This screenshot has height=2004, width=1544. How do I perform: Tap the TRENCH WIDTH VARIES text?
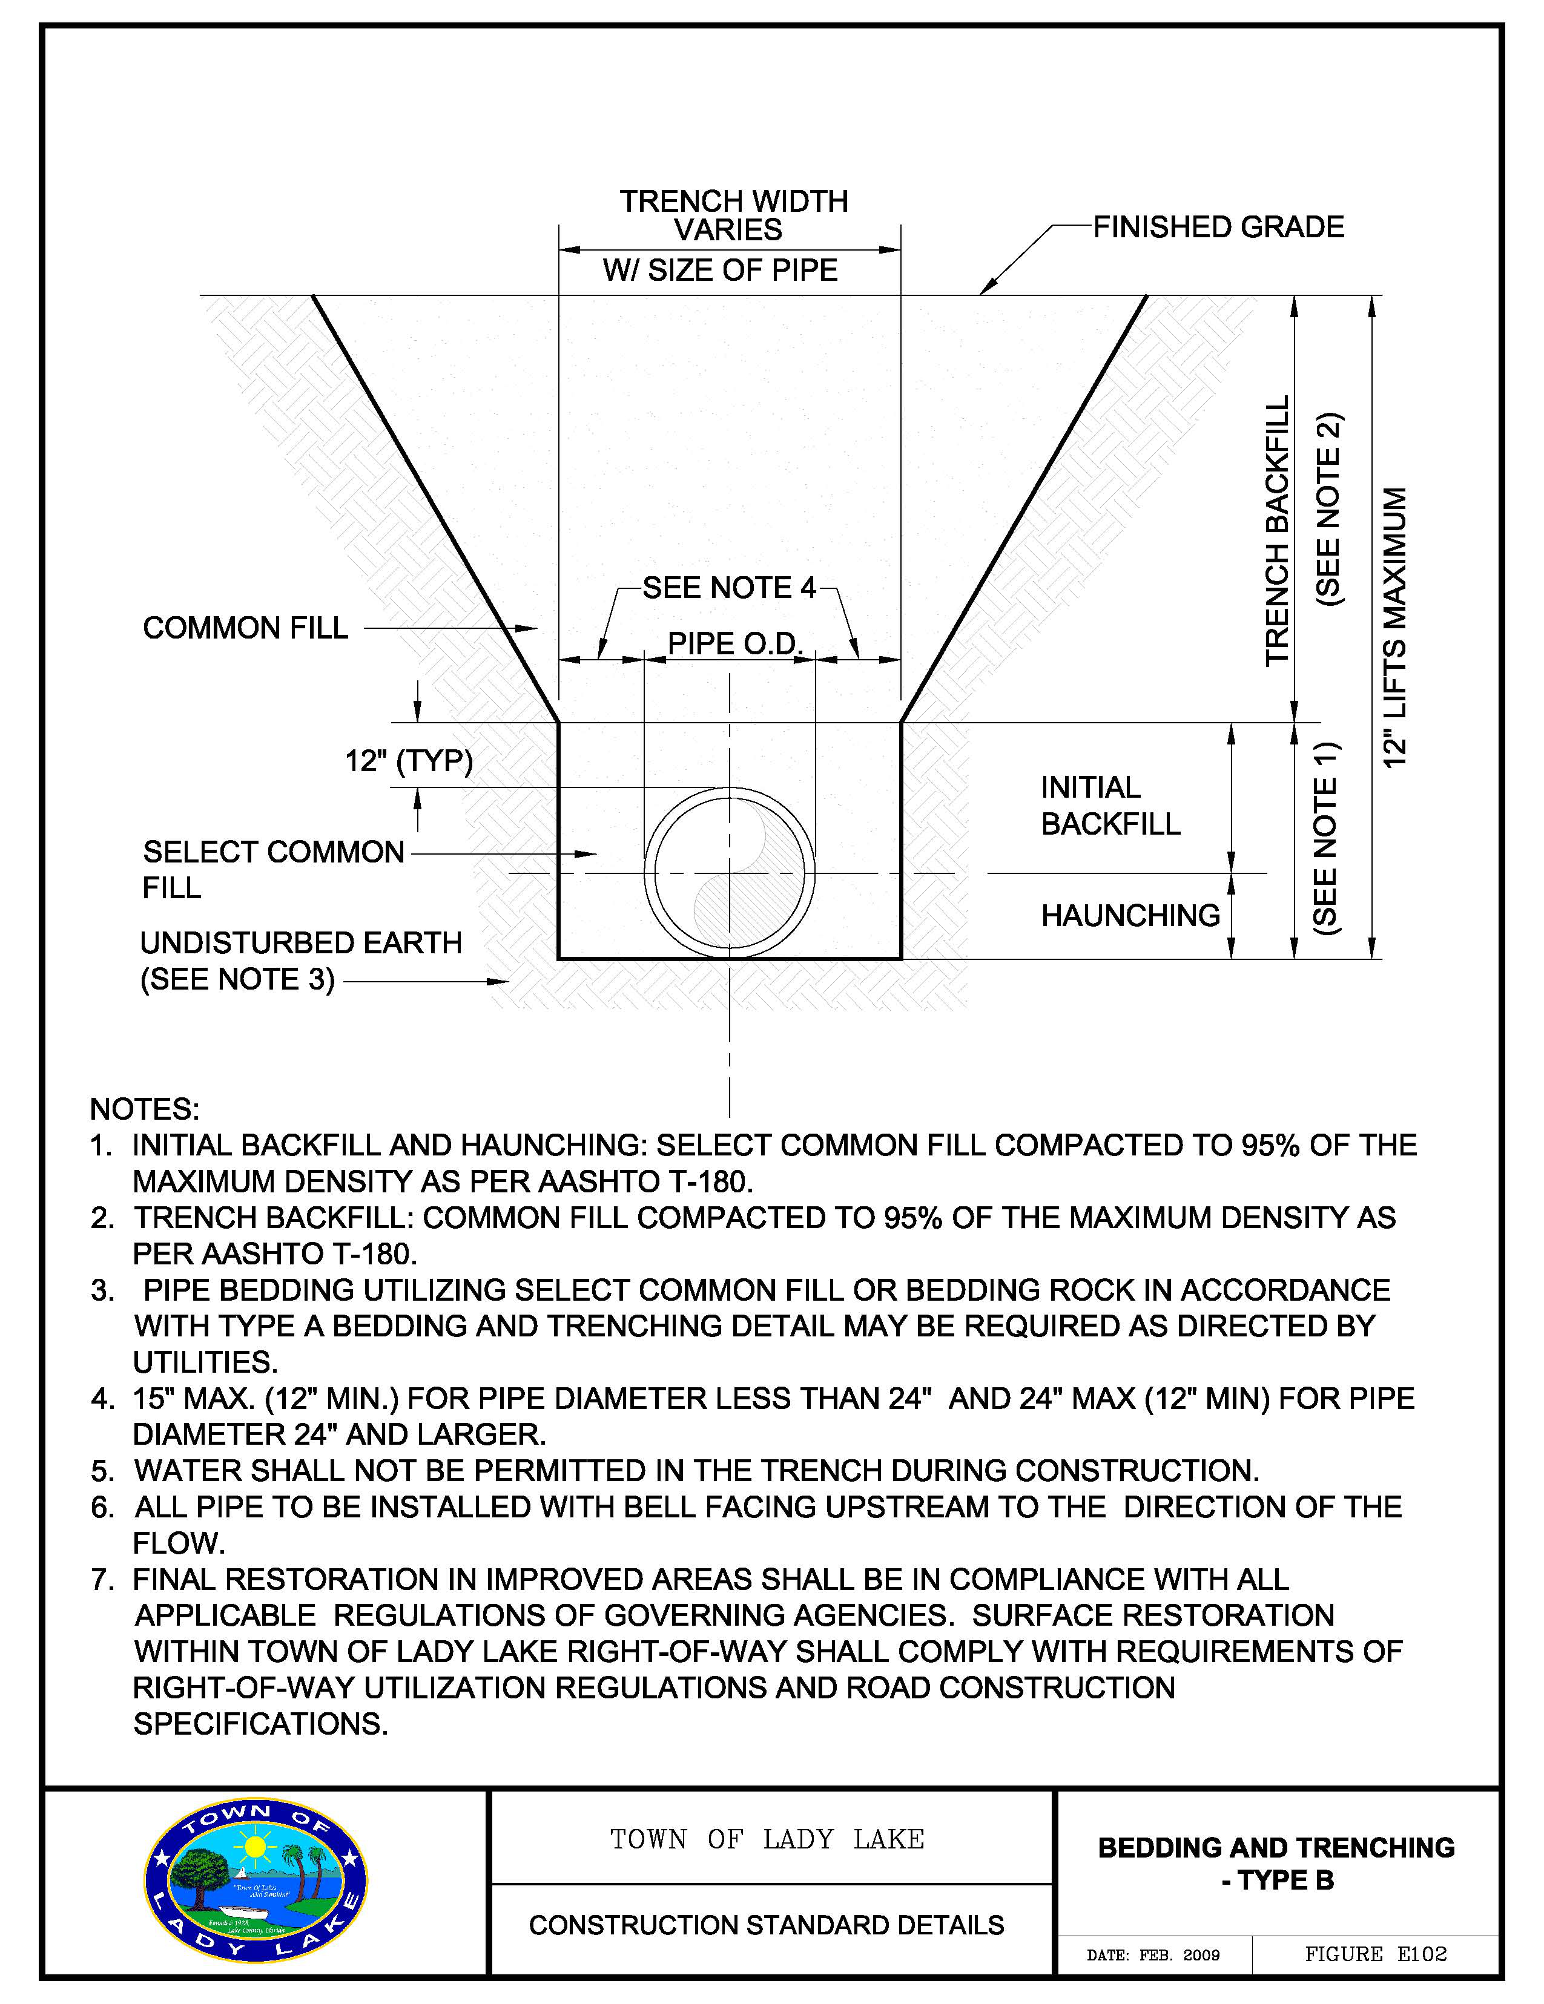pos(733,215)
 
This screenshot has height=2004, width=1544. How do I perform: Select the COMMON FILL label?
pos(245,628)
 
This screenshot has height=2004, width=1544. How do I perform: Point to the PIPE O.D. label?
pos(734,643)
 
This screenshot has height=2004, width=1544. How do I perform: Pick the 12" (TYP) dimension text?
pos(409,761)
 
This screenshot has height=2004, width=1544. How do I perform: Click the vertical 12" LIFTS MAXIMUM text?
pos(1394,628)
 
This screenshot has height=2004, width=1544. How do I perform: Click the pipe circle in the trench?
pos(730,873)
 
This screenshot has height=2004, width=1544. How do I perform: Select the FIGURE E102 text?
pos(1375,1954)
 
